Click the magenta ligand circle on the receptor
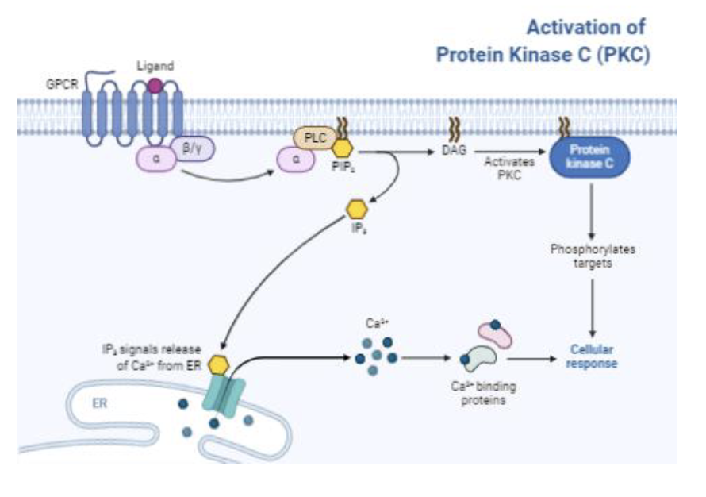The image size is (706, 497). point(156,84)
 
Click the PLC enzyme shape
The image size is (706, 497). point(316,137)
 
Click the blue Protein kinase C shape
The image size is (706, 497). point(585,155)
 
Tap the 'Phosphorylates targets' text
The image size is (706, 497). point(593,256)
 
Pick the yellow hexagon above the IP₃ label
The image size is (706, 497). point(358,210)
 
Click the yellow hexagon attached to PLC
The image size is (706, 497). point(343,148)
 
